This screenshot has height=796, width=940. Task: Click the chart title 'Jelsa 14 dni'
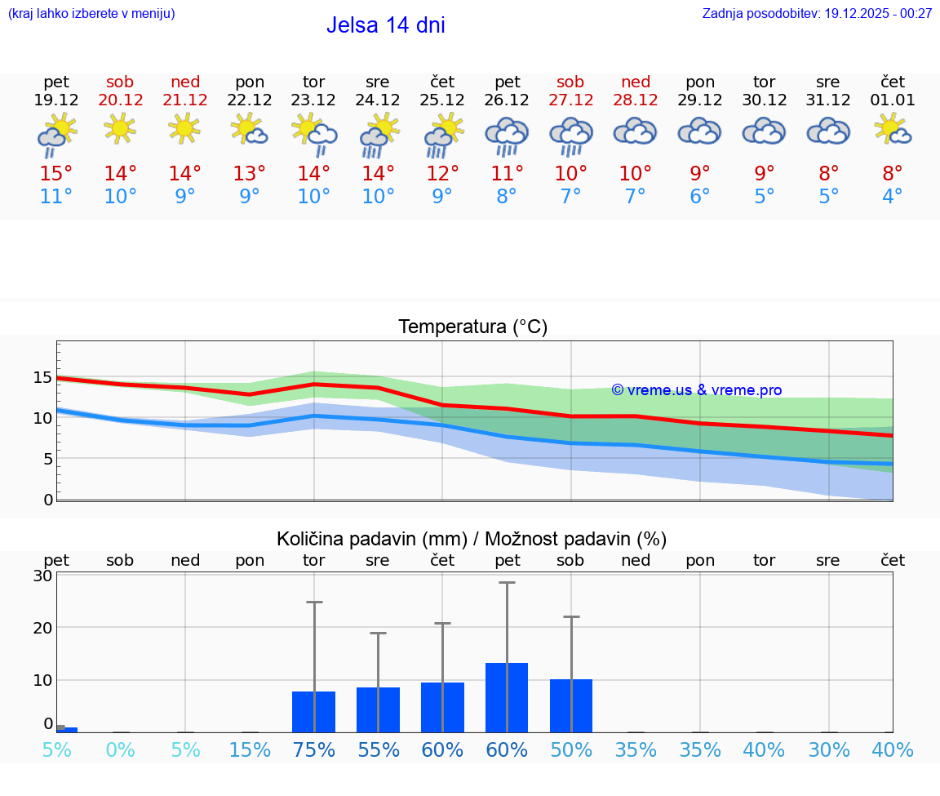coord(385,25)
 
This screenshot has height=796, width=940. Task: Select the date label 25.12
coord(442,100)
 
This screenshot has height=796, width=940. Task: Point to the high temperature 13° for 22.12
coord(250,173)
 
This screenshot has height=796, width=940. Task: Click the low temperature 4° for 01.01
coord(893,196)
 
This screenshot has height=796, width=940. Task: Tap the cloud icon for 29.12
coord(699,131)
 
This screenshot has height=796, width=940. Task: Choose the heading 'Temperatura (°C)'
coord(472,327)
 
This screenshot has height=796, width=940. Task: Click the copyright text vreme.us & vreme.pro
coord(696,390)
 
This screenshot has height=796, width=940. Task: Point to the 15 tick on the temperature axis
coord(42,377)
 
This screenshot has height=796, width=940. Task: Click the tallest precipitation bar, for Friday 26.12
coord(507,697)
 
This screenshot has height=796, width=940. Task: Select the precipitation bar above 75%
coord(313,712)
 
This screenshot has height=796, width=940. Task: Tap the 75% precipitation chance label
coord(314,750)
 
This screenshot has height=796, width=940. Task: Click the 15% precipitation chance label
coord(250,750)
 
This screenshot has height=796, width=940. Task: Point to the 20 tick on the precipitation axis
coord(42,628)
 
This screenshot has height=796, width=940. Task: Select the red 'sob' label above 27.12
coord(570,82)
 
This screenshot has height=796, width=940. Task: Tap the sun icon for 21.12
coord(185,128)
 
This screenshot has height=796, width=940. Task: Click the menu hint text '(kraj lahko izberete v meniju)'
coord(91,14)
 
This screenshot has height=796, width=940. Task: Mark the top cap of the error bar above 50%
coord(571,616)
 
